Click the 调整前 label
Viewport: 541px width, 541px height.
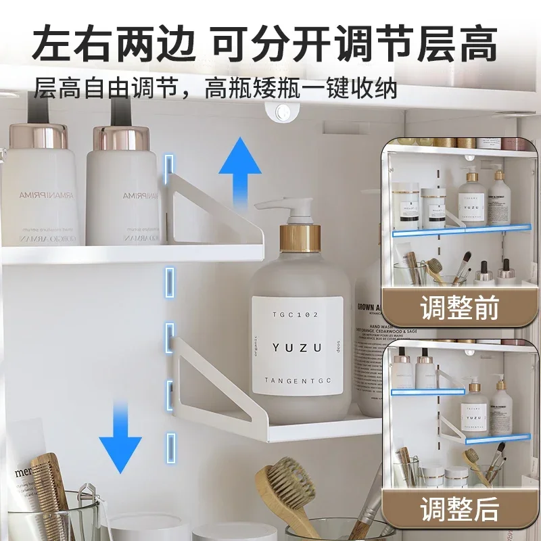point(459,308)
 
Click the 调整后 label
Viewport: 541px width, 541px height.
point(459,507)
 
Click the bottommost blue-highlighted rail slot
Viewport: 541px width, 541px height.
point(170,444)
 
